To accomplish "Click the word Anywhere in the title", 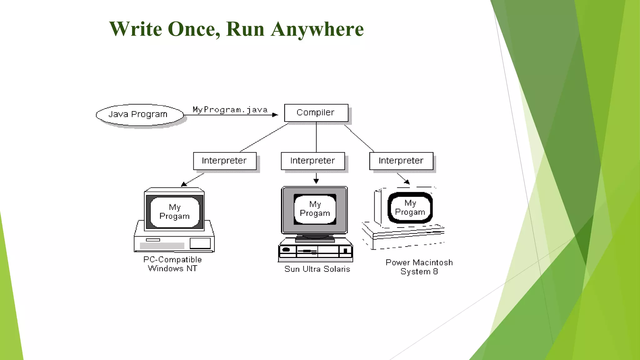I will pyautogui.click(x=317, y=29).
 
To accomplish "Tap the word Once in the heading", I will pyautogui.click(x=193, y=29).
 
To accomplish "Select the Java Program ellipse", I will pyautogui.click(x=139, y=115).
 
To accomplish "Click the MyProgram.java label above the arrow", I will pyautogui.click(x=230, y=110).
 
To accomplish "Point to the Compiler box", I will pyautogui.click(x=316, y=113).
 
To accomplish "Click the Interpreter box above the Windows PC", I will pyautogui.click(x=225, y=161).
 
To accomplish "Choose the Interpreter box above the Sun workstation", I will pyautogui.click(x=312, y=161).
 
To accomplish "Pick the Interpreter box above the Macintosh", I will pyautogui.click(x=401, y=161).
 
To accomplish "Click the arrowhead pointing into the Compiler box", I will pyautogui.click(x=275, y=115).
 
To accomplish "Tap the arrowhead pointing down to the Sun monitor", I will pyautogui.click(x=316, y=181).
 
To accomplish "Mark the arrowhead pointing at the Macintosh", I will pyautogui.click(x=407, y=181).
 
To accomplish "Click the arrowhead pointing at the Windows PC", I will pyautogui.click(x=184, y=184).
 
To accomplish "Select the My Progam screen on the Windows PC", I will pyautogui.click(x=175, y=212).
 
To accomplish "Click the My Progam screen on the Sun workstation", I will pyautogui.click(x=315, y=209).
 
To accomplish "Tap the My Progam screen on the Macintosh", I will pyautogui.click(x=410, y=208).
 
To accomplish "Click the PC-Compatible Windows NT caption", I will pyautogui.click(x=172, y=264).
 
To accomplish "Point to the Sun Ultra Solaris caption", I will pyautogui.click(x=317, y=269).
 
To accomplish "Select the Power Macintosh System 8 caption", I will pyautogui.click(x=419, y=267).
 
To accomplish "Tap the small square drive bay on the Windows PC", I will pyautogui.click(x=200, y=243).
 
